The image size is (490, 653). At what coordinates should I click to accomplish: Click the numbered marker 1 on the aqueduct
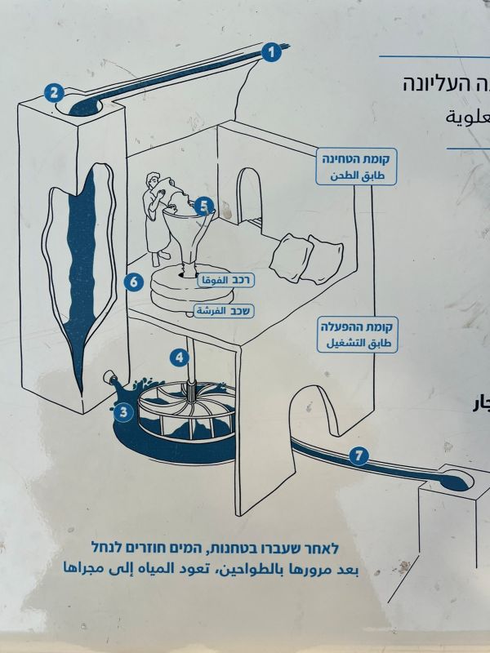click(x=271, y=53)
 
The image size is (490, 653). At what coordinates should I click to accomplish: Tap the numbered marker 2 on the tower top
click(x=55, y=92)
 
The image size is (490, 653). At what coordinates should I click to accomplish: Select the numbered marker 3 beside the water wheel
click(x=123, y=412)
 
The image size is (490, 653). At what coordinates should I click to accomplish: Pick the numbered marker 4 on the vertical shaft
click(x=179, y=357)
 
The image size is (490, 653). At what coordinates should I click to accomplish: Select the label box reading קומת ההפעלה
click(x=356, y=335)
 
